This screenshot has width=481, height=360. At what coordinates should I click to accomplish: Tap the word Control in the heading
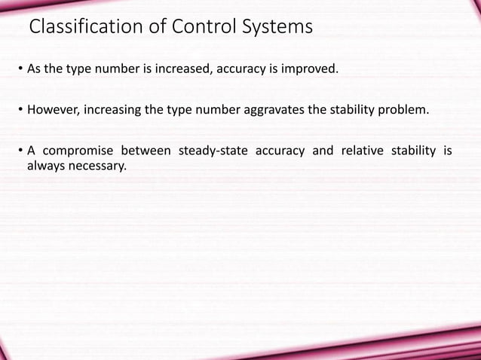[193, 28]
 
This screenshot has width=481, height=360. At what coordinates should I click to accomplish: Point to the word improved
[313, 71]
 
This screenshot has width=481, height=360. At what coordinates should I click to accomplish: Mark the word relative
[361, 151]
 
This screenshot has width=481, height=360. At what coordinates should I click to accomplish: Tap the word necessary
[97, 165]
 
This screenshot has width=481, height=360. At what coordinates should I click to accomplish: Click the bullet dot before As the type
[20, 72]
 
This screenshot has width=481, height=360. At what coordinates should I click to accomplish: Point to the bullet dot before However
[20, 111]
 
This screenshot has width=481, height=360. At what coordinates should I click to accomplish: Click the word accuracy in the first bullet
[240, 71]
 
